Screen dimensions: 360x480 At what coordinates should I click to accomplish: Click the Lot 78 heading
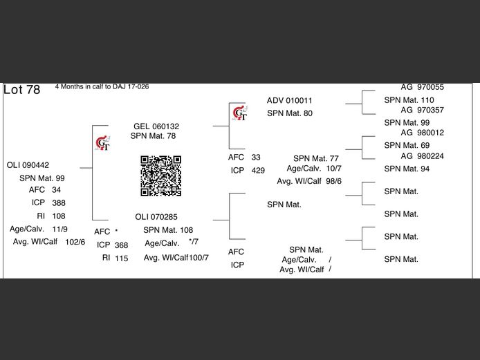click(x=22, y=90)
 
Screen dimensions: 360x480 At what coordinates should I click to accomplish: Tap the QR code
click(x=160, y=176)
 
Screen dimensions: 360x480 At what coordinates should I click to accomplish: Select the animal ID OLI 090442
click(x=28, y=165)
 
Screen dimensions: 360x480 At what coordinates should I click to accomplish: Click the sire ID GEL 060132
click(x=156, y=126)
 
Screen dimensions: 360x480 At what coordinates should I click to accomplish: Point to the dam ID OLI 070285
click(x=156, y=217)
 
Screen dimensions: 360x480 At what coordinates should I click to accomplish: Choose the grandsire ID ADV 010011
click(x=290, y=100)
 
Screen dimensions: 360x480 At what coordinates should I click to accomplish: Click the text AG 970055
click(x=423, y=87)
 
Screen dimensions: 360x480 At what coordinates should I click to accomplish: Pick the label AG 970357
click(x=423, y=110)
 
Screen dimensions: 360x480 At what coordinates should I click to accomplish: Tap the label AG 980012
click(x=423, y=133)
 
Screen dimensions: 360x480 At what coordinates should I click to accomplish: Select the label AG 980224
click(x=423, y=156)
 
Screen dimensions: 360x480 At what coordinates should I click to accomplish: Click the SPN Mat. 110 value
click(x=409, y=100)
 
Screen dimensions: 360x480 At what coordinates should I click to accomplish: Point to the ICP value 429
click(x=258, y=171)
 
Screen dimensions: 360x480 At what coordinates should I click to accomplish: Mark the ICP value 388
click(x=59, y=203)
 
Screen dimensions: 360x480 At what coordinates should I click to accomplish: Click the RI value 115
click(x=122, y=258)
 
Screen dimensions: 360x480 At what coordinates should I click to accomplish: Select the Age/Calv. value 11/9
click(x=59, y=229)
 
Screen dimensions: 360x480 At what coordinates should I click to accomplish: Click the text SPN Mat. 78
click(x=154, y=136)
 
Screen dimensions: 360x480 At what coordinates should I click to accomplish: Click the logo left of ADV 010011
click(x=239, y=111)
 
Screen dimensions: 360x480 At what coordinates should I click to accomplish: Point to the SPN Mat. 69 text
click(x=407, y=146)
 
